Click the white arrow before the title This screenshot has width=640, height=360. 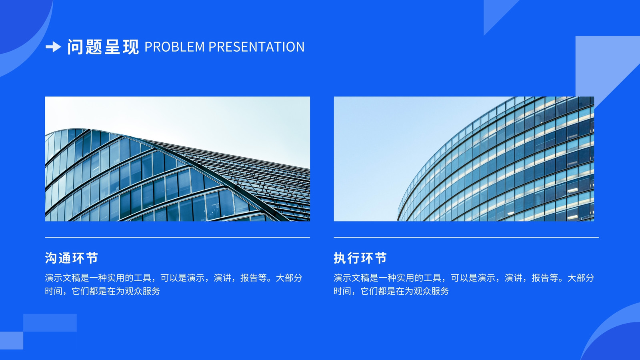(x=53, y=47)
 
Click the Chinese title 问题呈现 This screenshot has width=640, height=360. (x=103, y=47)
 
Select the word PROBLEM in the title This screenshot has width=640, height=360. (x=175, y=47)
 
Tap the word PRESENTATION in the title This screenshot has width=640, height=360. (x=256, y=47)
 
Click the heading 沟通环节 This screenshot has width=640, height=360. (x=72, y=258)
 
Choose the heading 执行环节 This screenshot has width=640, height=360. (x=360, y=258)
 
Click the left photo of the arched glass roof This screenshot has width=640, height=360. (x=178, y=159)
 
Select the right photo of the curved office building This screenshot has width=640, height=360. (x=464, y=159)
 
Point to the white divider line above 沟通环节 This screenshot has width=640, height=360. (x=178, y=237)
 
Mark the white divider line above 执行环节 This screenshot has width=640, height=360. (x=466, y=237)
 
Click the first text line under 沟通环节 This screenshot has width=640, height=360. (x=174, y=278)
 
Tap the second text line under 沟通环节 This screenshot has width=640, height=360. (x=102, y=291)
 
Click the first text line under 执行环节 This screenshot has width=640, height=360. (x=464, y=278)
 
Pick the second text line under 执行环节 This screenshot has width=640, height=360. (x=391, y=291)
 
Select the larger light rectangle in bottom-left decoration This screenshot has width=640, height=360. (x=50, y=322)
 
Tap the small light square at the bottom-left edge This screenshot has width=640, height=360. (x=12, y=340)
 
